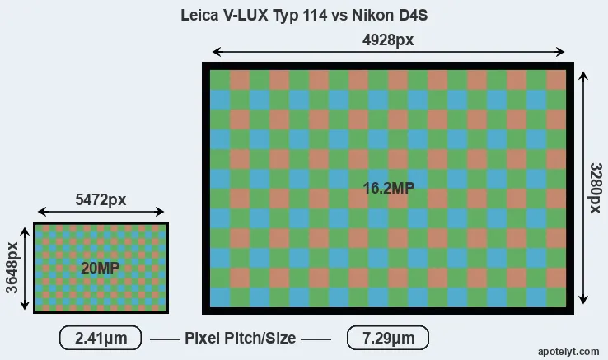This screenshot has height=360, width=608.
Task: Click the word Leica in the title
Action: point(199,15)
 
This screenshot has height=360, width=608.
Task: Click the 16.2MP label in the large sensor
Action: point(389,188)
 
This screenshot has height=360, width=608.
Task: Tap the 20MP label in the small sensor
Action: point(100,268)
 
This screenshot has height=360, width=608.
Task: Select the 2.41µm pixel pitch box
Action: point(101,338)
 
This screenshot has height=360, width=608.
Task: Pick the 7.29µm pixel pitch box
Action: point(388,338)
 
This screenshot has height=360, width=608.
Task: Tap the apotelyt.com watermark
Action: point(568,352)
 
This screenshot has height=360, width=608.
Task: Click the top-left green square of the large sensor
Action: point(220,80)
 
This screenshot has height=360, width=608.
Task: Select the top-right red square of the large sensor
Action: point(556,80)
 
